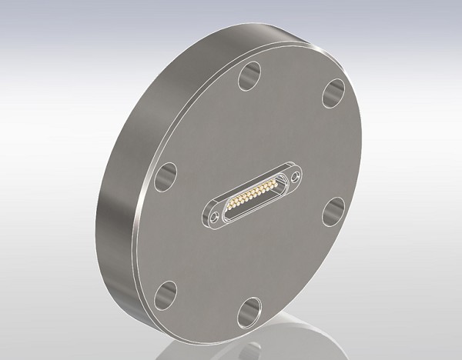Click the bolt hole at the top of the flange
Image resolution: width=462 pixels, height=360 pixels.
250,76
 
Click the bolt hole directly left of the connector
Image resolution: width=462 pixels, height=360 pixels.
164,175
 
